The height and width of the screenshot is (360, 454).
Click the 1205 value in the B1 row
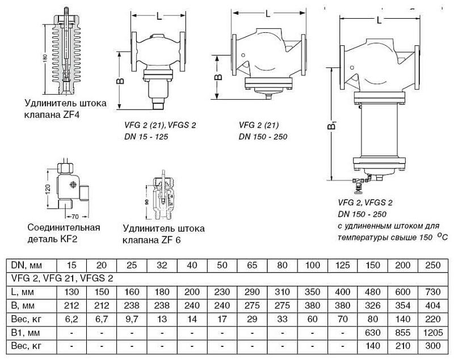[433, 333]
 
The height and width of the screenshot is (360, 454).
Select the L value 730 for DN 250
[433, 292]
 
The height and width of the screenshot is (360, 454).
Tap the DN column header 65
[252, 265]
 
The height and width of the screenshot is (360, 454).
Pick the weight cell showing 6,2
[72, 319]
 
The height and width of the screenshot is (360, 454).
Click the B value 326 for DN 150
[373, 306]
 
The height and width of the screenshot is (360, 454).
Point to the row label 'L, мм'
[22, 292]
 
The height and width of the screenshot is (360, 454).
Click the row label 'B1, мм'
[26, 333]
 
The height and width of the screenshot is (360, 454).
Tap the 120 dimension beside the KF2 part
[48, 189]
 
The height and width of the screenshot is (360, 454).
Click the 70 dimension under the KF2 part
[75, 217]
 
